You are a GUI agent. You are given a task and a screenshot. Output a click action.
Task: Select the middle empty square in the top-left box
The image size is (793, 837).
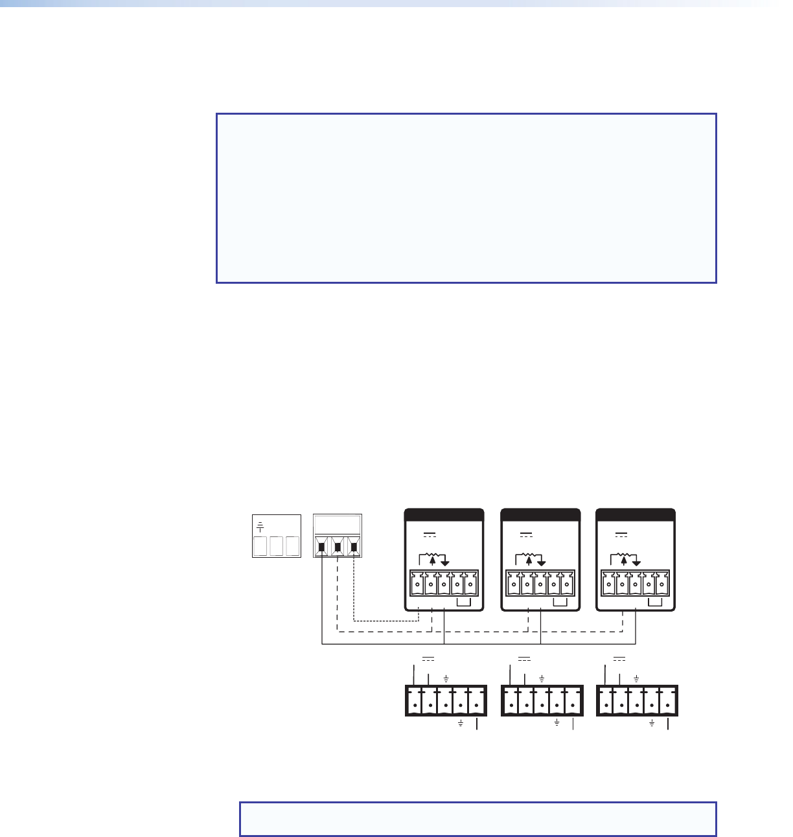tap(276, 546)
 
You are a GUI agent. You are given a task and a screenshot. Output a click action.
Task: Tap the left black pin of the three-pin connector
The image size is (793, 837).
tap(322, 547)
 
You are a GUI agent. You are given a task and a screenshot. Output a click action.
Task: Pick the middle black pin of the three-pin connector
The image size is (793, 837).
tap(338, 547)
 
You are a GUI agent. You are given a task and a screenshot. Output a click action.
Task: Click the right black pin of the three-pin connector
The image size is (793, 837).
tap(353, 547)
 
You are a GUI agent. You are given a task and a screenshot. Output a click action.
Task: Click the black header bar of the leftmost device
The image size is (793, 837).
tap(444, 515)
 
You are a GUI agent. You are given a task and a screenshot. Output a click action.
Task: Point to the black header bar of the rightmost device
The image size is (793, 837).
tap(636, 515)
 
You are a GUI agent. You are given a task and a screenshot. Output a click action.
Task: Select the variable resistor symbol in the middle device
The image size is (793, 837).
tap(529, 559)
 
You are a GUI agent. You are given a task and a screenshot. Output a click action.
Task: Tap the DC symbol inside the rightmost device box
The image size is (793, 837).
tap(621, 536)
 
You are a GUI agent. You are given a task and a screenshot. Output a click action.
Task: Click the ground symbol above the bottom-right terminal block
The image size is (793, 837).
tap(637, 678)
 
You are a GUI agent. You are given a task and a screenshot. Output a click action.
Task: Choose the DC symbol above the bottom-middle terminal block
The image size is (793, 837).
tap(524, 659)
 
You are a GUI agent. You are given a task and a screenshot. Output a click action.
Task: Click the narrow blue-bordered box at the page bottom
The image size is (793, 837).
tap(478, 819)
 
